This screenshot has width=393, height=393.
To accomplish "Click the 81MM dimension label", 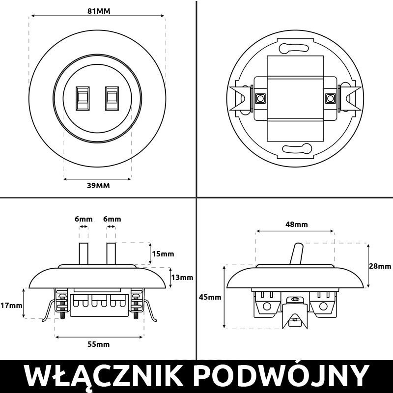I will [x=97, y=11].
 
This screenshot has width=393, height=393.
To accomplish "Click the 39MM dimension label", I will [x=97, y=185].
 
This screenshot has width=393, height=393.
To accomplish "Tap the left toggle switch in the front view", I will [x=83, y=97].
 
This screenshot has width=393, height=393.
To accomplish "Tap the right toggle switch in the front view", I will [x=112, y=97].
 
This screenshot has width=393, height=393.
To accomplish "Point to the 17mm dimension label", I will [x=11, y=305].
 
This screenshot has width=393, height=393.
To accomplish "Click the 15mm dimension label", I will [x=163, y=254].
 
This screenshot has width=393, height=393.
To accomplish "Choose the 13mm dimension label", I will [x=182, y=277].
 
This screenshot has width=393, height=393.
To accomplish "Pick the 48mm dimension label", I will [x=296, y=225].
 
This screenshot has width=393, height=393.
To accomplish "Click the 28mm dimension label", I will [x=380, y=266].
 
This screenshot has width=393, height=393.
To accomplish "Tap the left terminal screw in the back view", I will [x=259, y=98].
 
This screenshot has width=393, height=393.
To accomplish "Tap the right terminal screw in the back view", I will [x=330, y=98].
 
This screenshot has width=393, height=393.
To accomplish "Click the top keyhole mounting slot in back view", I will [x=294, y=48].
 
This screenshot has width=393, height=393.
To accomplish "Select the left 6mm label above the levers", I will [x=84, y=219].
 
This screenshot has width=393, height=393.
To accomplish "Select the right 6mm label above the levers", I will [x=112, y=219].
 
